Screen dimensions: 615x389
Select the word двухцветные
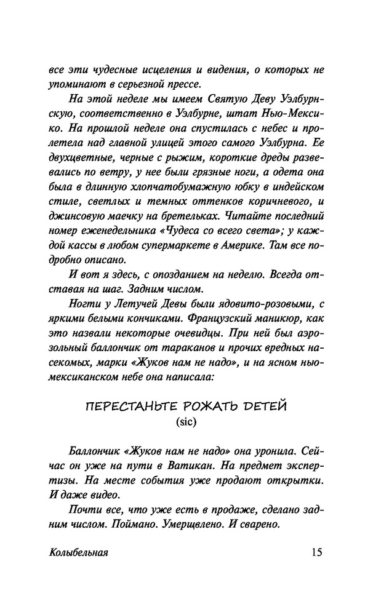click(x=81, y=146)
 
